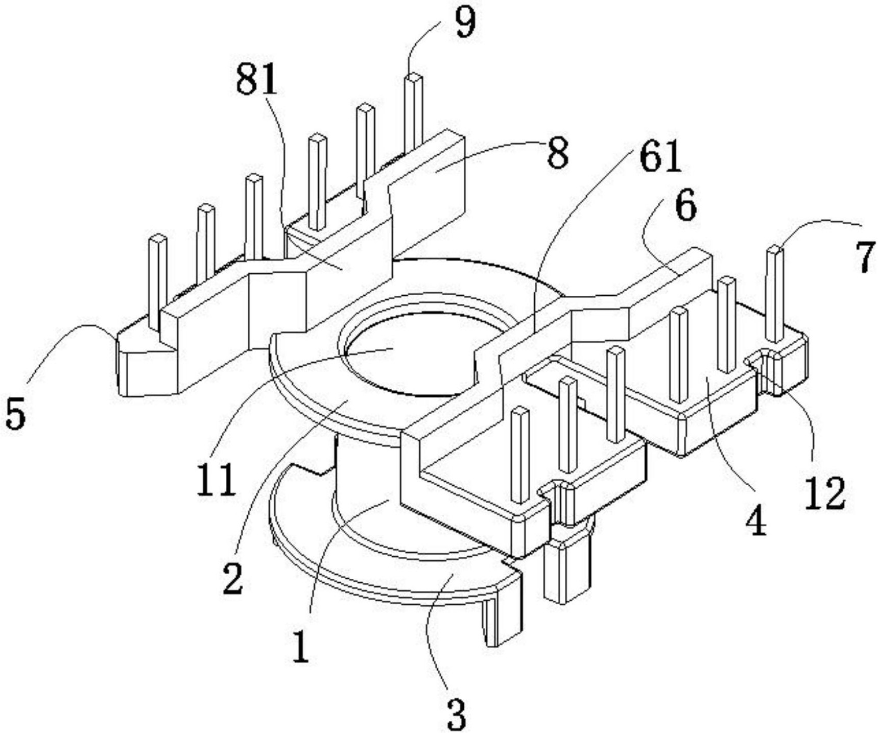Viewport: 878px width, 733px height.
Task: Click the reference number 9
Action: click(x=465, y=23)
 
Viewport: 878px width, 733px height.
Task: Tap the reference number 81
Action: click(x=257, y=80)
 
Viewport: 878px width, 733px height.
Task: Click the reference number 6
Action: click(x=685, y=206)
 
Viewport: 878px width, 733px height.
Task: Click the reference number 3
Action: click(x=456, y=714)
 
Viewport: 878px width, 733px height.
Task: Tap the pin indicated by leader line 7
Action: click(x=775, y=294)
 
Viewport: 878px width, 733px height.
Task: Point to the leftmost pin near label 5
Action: click(x=158, y=281)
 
